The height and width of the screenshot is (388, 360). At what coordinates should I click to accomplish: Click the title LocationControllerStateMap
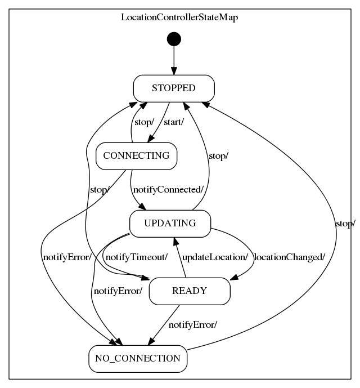179,17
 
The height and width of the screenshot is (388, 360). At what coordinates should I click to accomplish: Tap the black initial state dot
174,39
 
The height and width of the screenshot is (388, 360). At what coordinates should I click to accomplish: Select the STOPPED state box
174,88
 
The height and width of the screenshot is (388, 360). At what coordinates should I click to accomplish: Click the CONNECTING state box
137,156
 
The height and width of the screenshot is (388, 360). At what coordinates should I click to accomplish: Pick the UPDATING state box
170,223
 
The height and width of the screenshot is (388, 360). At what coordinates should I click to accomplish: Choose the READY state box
190,291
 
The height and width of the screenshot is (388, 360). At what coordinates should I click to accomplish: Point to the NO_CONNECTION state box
137,358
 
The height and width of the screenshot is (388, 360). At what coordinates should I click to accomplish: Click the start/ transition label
174,122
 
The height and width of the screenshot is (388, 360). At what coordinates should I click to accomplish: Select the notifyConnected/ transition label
168,190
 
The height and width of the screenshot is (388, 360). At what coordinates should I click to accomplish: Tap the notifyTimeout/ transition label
137,257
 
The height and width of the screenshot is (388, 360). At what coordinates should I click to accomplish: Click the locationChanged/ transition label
290,257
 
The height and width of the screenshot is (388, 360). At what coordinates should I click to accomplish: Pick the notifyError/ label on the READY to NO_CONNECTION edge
193,325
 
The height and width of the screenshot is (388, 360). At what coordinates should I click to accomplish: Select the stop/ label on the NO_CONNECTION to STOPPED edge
345,224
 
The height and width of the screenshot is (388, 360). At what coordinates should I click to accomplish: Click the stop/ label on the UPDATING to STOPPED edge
218,156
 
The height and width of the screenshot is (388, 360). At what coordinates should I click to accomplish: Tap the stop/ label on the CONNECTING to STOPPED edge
144,122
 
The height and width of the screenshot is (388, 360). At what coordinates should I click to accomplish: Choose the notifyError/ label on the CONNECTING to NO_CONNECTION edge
67,257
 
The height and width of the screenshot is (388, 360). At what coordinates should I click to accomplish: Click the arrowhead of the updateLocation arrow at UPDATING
175,241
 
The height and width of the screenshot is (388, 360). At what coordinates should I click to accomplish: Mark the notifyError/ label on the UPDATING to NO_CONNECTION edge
118,291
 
